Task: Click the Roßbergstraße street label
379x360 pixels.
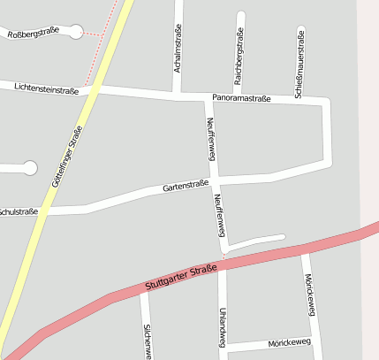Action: pos(33,31)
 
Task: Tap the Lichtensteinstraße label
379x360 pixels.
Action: pos(46,88)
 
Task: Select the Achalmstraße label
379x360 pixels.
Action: pos(178,50)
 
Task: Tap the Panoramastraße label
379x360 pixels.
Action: pos(241,98)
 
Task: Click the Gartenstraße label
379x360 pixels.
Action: pos(186,187)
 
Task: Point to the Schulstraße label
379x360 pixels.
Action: pos(18,212)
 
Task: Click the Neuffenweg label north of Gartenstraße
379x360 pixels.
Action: pos(210,139)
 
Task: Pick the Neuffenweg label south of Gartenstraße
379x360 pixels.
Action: pos(217,216)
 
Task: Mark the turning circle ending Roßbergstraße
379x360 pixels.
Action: pos(75,32)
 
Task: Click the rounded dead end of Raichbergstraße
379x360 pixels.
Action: pos(241,15)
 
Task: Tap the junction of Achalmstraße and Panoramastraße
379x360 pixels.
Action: pos(178,94)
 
